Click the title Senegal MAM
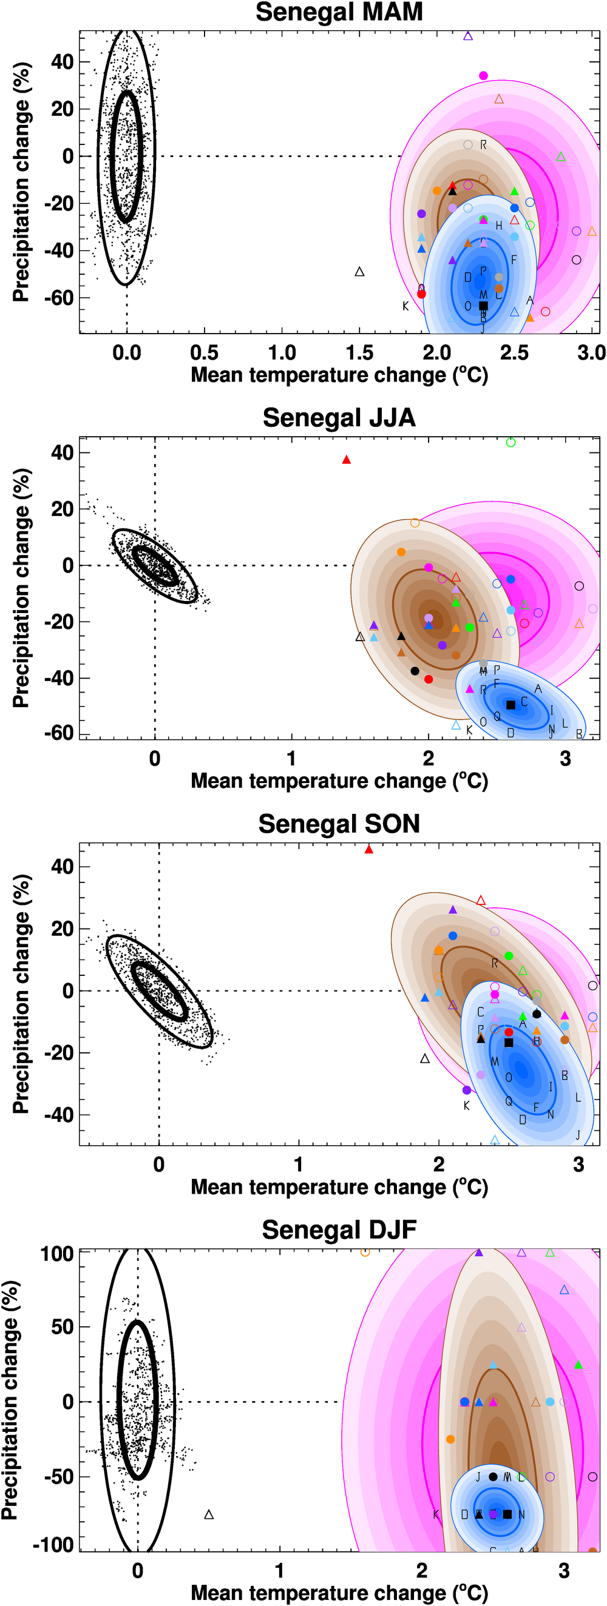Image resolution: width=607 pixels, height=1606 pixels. (x=339, y=13)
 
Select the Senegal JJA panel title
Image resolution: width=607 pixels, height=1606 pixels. (x=339, y=418)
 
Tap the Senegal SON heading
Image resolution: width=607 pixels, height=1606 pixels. (x=339, y=824)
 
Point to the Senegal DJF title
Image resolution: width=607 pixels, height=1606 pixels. (x=339, y=1229)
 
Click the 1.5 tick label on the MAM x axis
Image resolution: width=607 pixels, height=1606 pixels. (x=359, y=353)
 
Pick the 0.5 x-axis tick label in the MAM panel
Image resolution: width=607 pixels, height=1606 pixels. (x=204, y=353)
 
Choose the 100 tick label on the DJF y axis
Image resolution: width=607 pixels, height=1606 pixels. (x=58, y=1254)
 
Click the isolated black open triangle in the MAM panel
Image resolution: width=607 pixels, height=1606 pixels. (x=359, y=272)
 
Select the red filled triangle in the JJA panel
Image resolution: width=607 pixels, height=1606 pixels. (x=346, y=460)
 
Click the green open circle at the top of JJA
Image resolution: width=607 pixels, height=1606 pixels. (x=511, y=442)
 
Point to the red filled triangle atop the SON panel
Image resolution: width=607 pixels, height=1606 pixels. (x=368, y=849)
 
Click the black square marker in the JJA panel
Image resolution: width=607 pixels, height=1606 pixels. (x=510, y=705)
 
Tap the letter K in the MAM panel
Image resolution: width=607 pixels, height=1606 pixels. (x=405, y=306)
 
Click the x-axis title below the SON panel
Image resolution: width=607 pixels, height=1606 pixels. (x=339, y=1186)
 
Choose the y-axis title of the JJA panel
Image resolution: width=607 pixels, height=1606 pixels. (x=21, y=588)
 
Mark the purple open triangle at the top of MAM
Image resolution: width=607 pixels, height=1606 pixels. (x=468, y=36)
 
